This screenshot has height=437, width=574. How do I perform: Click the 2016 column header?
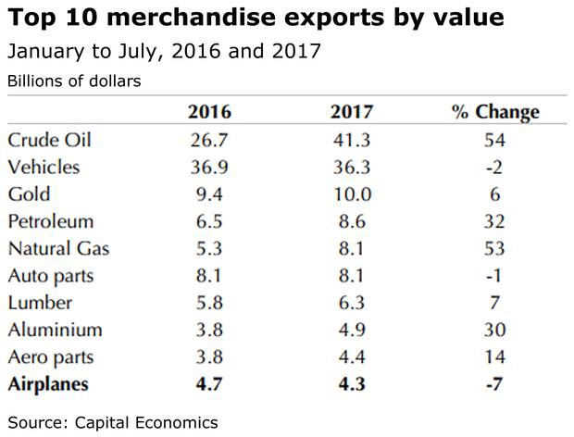click(x=209, y=113)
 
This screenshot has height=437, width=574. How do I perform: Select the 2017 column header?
click(x=352, y=113)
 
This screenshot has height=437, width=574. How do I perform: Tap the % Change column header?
click(x=494, y=113)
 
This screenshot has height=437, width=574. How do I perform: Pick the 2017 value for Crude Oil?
click(x=352, y=141)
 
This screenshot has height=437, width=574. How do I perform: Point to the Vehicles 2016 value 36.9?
click(x=209, y=168)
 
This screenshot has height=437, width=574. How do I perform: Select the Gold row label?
click(x=29, y=194)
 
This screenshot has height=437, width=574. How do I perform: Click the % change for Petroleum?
click(x=494, y=222)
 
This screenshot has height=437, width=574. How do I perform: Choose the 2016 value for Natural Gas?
click(x=209, y=249)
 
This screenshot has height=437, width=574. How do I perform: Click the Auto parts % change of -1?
click(x=494, y=276)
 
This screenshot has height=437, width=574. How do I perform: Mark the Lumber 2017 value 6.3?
click(x=352, y=303)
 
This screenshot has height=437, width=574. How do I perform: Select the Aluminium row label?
click(x=55, y=330)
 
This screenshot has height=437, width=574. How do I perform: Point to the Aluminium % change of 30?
click(x=494, y=330)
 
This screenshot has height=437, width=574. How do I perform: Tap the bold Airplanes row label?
click(x=50, y=384)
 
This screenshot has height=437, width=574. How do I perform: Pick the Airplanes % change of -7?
click(x=494, y=384)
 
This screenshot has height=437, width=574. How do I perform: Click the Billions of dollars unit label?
click(x=74, y=81)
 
